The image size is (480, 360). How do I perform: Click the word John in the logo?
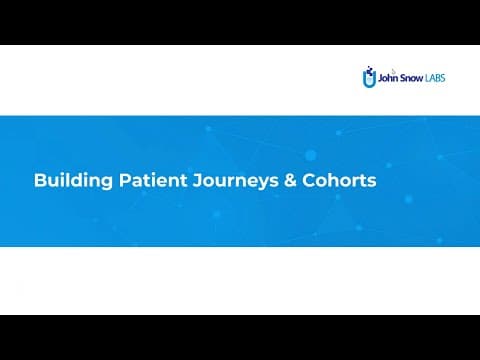390,76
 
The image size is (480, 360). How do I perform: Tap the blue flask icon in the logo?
369,78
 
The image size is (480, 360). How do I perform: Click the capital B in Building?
39,182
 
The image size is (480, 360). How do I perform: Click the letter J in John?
380,76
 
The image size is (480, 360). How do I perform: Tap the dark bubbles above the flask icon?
368,67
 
